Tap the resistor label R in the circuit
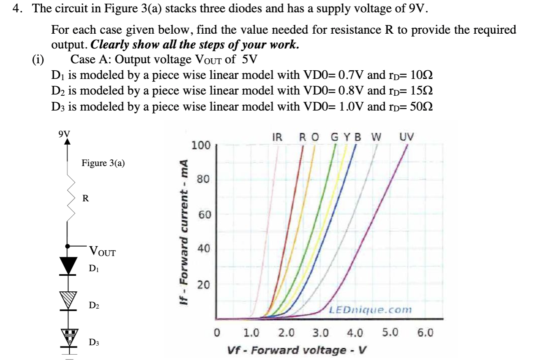[x=85, y=198]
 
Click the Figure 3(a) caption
[x=103, y=163]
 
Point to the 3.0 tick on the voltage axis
[x=321, y=332]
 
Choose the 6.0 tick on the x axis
[x=424, y=332]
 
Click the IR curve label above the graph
[x=277, y=137]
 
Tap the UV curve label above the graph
[x=407, y=137]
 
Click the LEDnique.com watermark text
[x=370, y=309]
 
